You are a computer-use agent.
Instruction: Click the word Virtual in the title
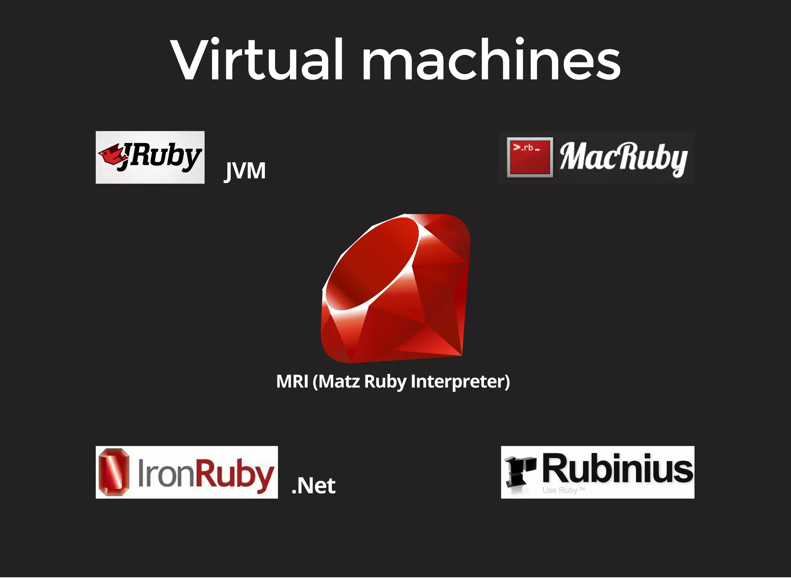(257, 60)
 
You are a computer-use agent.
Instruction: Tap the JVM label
(245, 171)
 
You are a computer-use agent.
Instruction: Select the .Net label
(314, 486)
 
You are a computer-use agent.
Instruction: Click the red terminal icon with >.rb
(530, 157)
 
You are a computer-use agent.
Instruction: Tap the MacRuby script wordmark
(623, 158)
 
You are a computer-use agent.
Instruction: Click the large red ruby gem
(396, 288)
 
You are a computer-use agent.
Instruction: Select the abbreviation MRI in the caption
(292, 382)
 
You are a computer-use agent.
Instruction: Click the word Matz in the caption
(336, 382)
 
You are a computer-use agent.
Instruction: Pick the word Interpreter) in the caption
(460, 382)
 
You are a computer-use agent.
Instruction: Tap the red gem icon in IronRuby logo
(114, 472)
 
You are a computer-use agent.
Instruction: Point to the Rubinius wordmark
(617, 469)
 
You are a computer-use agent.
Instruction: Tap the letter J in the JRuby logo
(126, 157)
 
